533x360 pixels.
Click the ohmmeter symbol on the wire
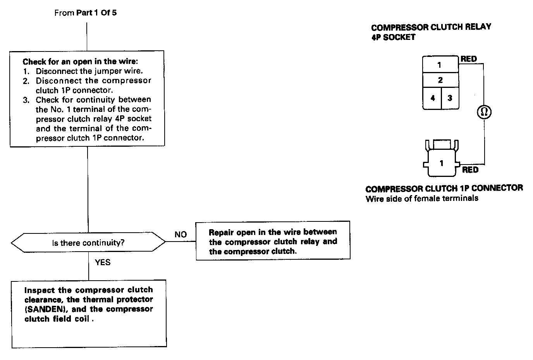(x=484, y=112)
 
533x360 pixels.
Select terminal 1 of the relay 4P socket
(x=440, y=65)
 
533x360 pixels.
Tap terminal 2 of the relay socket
(x=440, y=80)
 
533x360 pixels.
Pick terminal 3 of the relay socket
(x=450, y=98)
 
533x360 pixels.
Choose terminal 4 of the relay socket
(x=432, y=98)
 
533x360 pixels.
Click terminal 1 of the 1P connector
(x=441, y=163)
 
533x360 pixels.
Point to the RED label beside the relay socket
(x=469, y=59)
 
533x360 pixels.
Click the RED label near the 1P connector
(x=470, y=170)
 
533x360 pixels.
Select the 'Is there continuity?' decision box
(x=88, y=243)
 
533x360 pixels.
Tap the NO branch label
(x=181, y=234)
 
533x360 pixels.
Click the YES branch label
(x=103, y=262)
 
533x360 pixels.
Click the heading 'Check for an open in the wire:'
(x=80, y=62)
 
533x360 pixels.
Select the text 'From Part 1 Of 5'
(x=86, y=13)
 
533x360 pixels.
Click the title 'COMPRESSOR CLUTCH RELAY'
(x=431, y=27)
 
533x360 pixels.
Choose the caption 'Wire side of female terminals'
(x=421, y=199)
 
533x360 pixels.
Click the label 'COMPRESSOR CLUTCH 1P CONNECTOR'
(x=444, y=189)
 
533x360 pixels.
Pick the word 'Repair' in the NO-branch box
(x=221, y=232)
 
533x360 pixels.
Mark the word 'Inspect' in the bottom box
(x=37, y=290)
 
